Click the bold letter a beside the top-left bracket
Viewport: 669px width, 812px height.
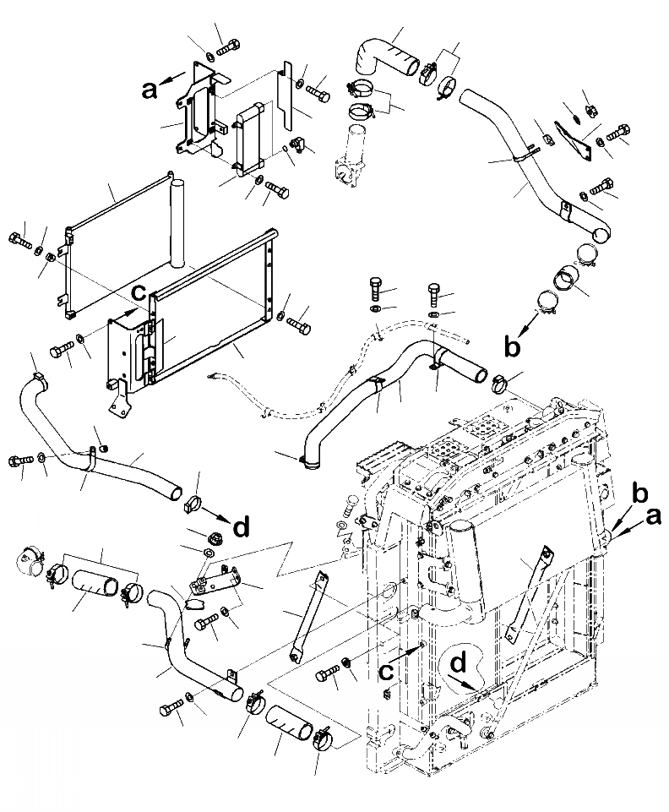coord(150,90)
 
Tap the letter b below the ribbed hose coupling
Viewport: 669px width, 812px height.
coord(509,344)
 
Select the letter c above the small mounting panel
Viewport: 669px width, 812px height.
coord(138,293)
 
